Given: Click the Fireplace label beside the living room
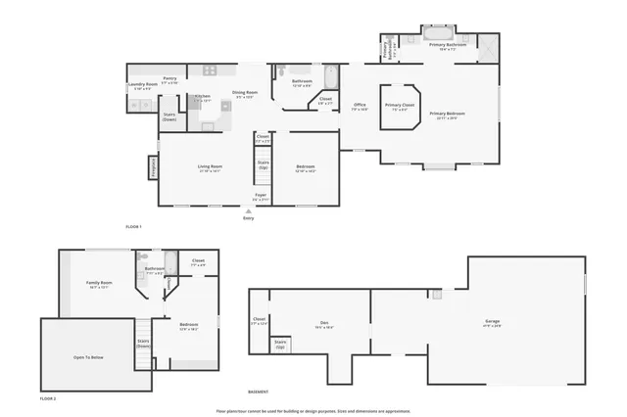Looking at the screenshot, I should point(153,168).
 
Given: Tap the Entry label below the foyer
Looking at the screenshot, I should point(248,217).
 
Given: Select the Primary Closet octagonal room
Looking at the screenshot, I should point(401,107).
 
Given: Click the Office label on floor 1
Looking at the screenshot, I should point(360,106).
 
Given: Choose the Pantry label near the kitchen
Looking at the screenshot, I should point(169,78).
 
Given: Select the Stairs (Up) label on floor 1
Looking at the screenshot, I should point(263,165).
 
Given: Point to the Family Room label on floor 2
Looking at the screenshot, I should point(99,284).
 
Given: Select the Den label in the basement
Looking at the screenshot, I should point(323,325).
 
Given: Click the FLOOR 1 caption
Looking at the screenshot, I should point(134,227).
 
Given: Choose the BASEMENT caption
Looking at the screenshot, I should point(259,392).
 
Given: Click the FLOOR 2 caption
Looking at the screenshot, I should point(48,399).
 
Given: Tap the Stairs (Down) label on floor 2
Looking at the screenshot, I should point(143,344).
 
